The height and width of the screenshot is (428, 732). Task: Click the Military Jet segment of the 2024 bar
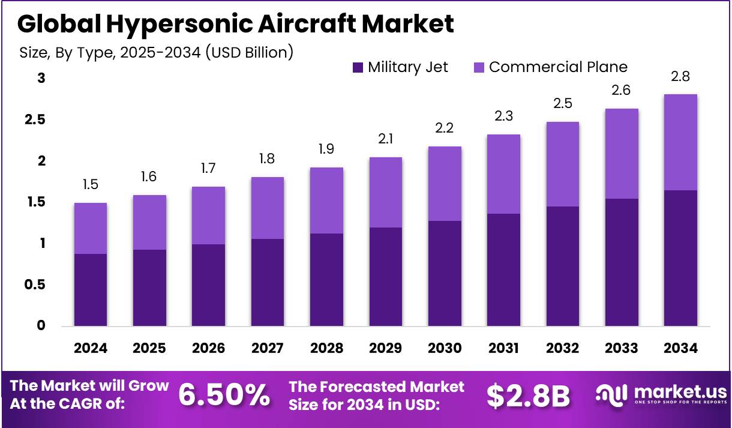pyautogui.click(x=90, y=290)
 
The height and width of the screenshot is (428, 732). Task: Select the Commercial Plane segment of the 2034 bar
pyautogui.click(x=680, y=142)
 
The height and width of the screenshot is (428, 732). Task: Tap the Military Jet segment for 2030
pyautogui.click(x=444, y=274)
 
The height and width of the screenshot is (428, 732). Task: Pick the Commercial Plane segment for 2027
pyautogui.click(x=267, y=208)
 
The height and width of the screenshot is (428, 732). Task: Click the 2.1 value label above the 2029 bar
pyautogui.click(x=385, y=139)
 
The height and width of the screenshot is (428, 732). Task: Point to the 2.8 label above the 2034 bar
pyautogui.click(x=680, y=76)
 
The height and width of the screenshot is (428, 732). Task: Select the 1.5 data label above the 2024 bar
pyautogui.click(x=90, y=185)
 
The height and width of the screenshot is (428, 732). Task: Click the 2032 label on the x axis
pyautogui.click(x=562, y=348)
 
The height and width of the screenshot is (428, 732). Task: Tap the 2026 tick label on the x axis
pyautogui.click(x=208, y=348)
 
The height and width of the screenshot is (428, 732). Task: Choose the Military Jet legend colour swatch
pyautogui.click(x=358, y=67)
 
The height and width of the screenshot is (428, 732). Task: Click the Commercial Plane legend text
pyautogui.click(x=558, y=67)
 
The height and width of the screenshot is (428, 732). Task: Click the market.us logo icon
pyautogui.click(x=610, y=394)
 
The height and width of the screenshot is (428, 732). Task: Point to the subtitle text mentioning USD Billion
pyautogui.click(x=156, y=52)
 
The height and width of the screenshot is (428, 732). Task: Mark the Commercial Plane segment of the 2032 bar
pyautogui.click(x=562, y=164)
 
